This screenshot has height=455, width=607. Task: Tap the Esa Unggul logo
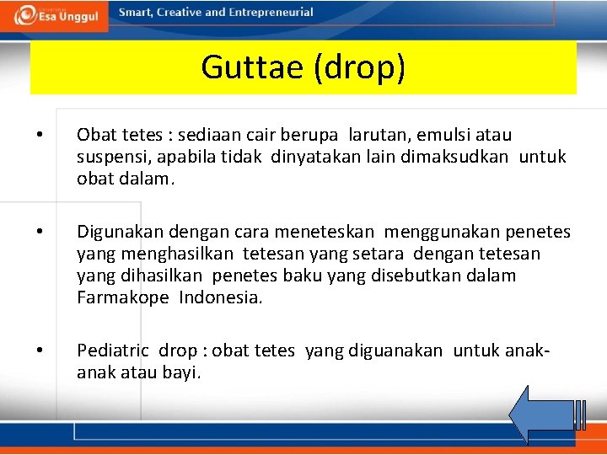pyautogui.click(x=55, y=15)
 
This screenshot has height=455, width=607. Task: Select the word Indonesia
pyautogui.click(x=221, y=297)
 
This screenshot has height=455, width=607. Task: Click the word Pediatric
pyautogui.click(x=113, y=351)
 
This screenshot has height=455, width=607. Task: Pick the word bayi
pyautogui.click(x=182, y=372)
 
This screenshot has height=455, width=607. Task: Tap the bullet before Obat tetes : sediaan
pyautogui.click(x=39, y=135)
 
